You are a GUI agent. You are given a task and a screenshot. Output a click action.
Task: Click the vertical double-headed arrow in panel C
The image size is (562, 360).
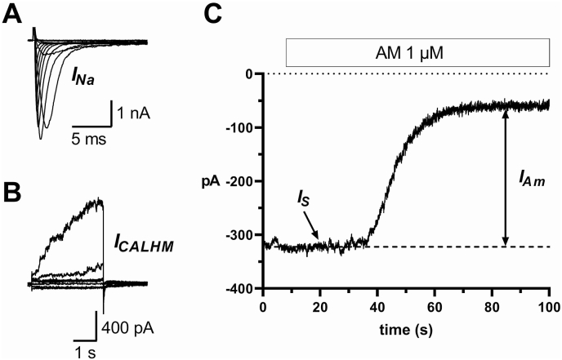point(506,177)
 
